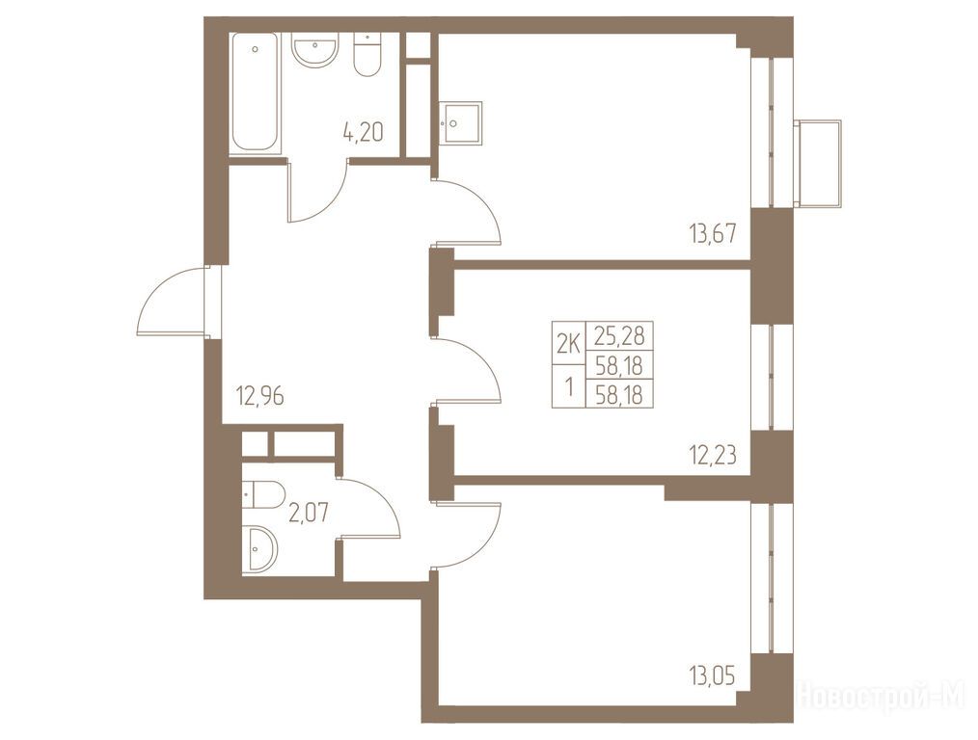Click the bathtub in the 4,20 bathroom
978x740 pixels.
(255, 92)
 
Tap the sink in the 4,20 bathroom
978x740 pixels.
(315, 50)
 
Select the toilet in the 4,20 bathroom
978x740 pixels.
(367, 54)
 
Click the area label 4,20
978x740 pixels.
(363, 132)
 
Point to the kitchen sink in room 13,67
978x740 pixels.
(460, 123)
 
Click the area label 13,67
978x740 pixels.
(713, 234)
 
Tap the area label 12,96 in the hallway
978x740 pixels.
(260, 395)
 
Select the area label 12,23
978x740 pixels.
(713, 456)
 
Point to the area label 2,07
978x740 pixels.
(308, 514)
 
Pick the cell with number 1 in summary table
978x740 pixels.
(569, 386)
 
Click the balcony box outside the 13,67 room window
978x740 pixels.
(818, 163)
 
